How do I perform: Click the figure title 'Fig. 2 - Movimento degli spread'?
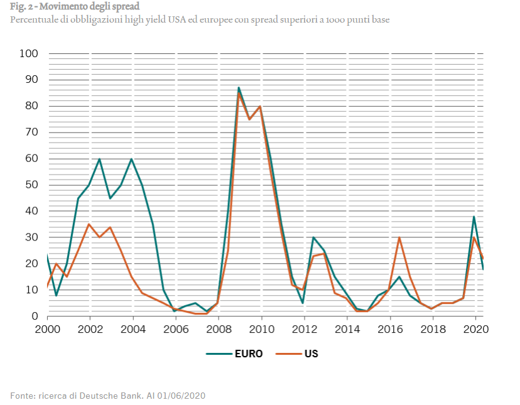[x=74, y=7]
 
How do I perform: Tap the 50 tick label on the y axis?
[x=32, y=185]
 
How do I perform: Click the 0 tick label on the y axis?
[x=35, y=316]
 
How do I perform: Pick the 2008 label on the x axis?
[x=219, y=328]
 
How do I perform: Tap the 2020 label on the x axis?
[x=475, y=328]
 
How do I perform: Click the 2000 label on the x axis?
[x=47, y=328]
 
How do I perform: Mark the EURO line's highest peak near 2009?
[x=239, y=87]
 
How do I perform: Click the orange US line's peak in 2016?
[x=399, y=237]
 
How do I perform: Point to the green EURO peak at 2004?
[x=131, y=159]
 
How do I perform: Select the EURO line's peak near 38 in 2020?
[x=474, y=217]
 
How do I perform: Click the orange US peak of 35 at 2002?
[x=89, y=224]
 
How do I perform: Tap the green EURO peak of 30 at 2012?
[x=313, y=237]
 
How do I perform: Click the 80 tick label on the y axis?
[x=32, y=106]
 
